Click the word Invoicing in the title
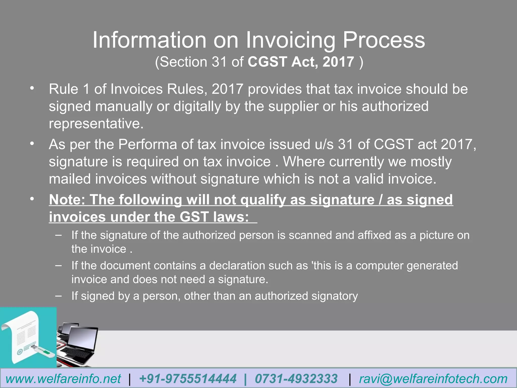pyautogui.click(x=290, y=40)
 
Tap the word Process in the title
pyautogui.click(x=384, y=40)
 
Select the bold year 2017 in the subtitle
pyautogui.click(x=338, y=62)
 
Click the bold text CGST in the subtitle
pyautogui.click(x=267, y=62)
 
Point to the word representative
pyautogui.click(x=96, y=124)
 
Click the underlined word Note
pyautogui.click(x=67, y=200)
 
